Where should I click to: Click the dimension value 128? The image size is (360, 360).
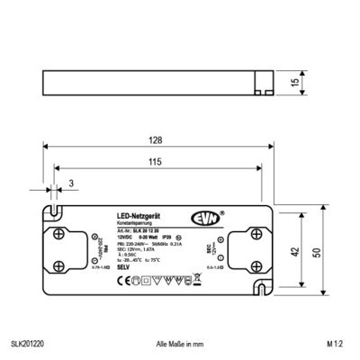[x=157, y=139]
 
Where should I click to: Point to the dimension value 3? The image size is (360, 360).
[x=70, y=184]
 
